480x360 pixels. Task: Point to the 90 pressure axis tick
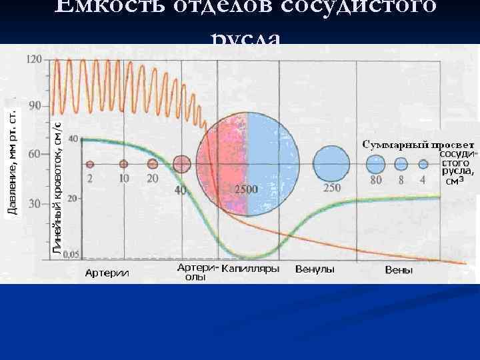(x=33, y=105)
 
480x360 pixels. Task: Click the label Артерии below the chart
(x=107, y=272)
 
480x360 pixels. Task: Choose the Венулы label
(x=315, y=269)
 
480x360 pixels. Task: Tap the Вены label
(x=399, y=270)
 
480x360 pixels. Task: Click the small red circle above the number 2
(x=91, y=164)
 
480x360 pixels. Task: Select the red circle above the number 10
(x=123, y=164)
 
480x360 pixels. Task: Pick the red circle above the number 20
(x=153, y=164)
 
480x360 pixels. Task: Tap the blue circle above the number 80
(x=375, y=164)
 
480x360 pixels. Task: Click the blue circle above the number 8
(x=401, y=164)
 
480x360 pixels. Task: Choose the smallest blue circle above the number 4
(x=423, y=164)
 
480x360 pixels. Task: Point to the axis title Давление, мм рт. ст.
(x=12, y=162)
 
